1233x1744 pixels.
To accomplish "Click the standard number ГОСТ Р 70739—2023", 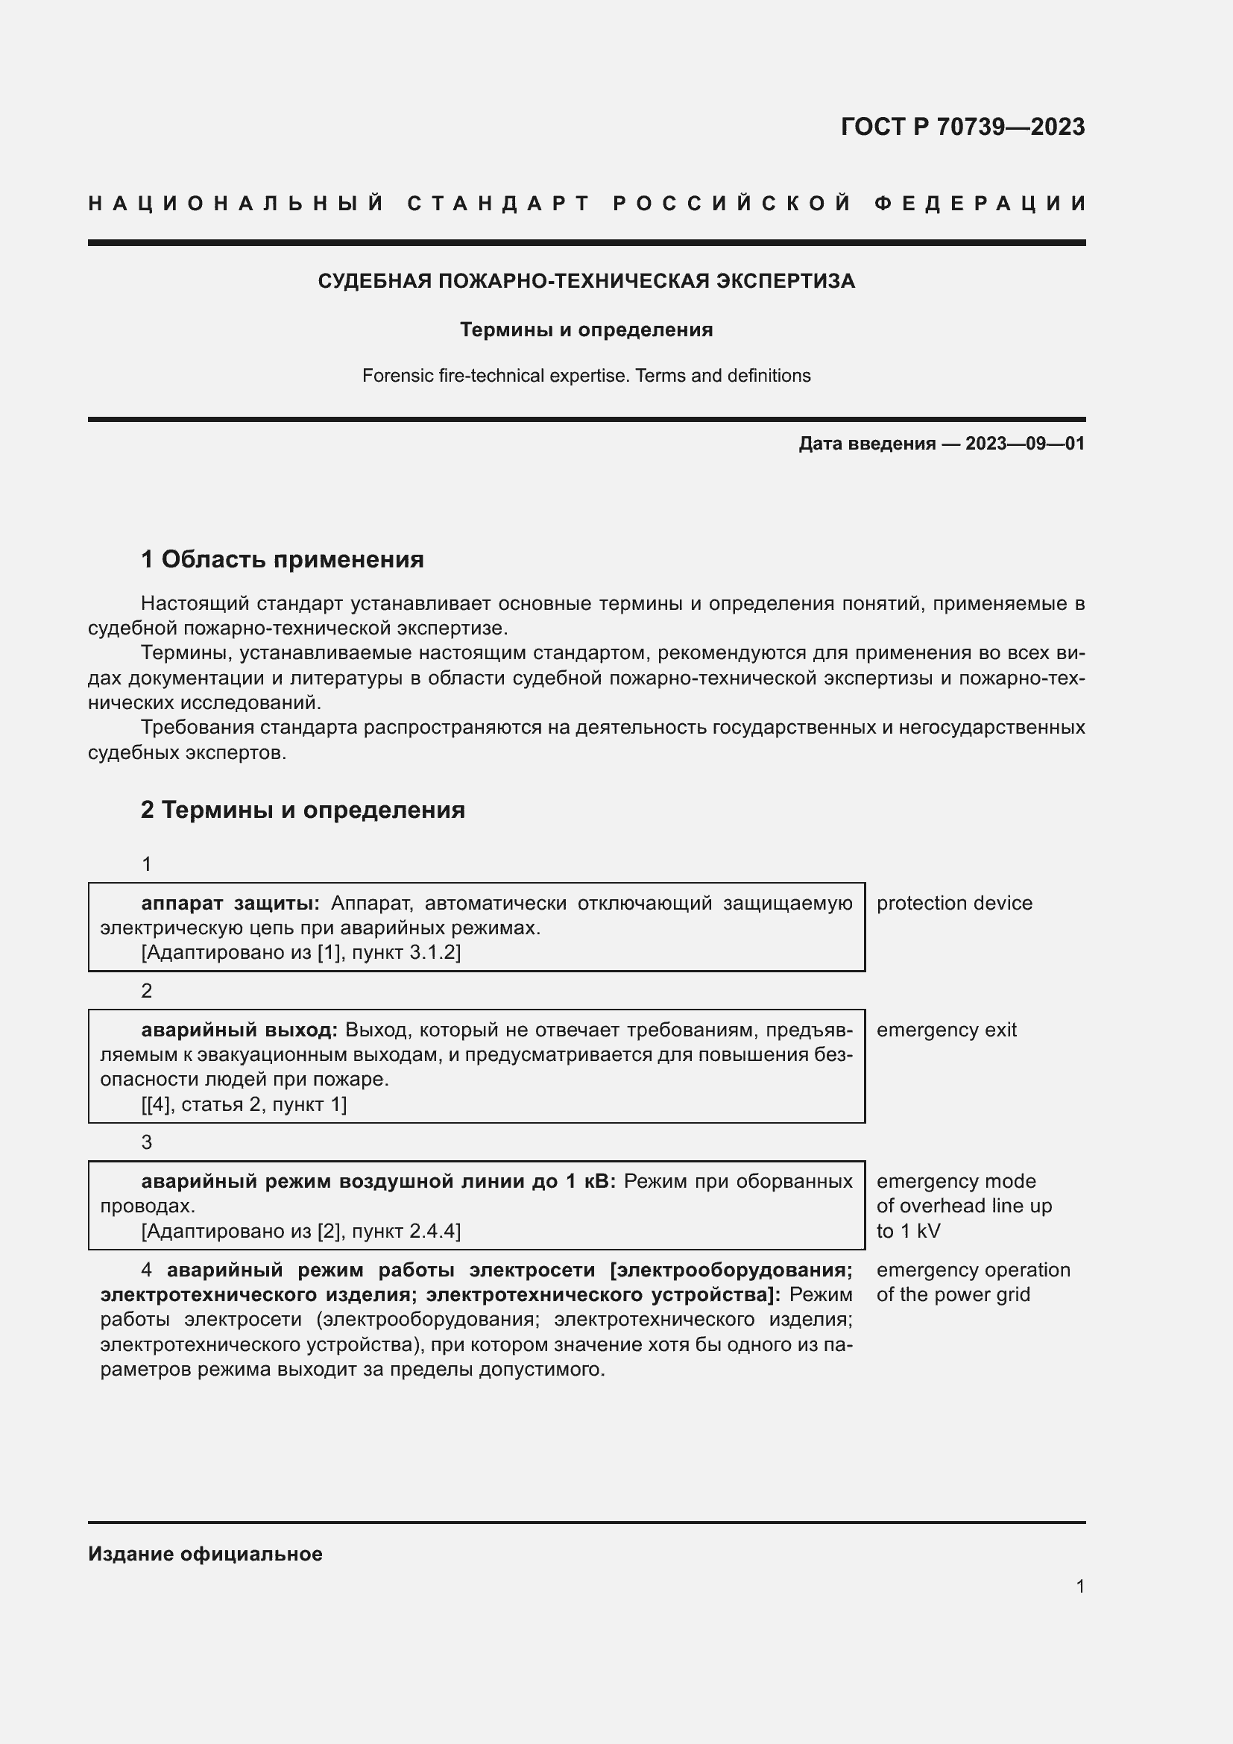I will pos(962,126).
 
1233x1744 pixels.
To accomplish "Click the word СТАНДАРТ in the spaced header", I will pos(499,204).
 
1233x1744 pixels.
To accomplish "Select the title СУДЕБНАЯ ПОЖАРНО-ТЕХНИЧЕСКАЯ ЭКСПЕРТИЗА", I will pos(586,281).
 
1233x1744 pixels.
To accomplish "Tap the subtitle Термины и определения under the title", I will pos(586,330).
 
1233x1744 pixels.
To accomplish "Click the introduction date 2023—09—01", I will pos(1025,444).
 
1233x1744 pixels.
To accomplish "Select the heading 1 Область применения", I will pos(282,560).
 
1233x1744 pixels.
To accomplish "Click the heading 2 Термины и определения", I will pos(302,810).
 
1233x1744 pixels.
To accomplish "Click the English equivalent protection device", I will pos(953,903).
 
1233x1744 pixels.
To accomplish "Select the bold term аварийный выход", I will pos(239,1030).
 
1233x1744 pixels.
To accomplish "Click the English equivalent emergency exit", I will pos(945,1030).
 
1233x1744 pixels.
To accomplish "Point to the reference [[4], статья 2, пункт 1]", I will pos(244,1104).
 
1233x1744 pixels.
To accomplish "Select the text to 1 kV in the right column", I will pos(907,1230).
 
